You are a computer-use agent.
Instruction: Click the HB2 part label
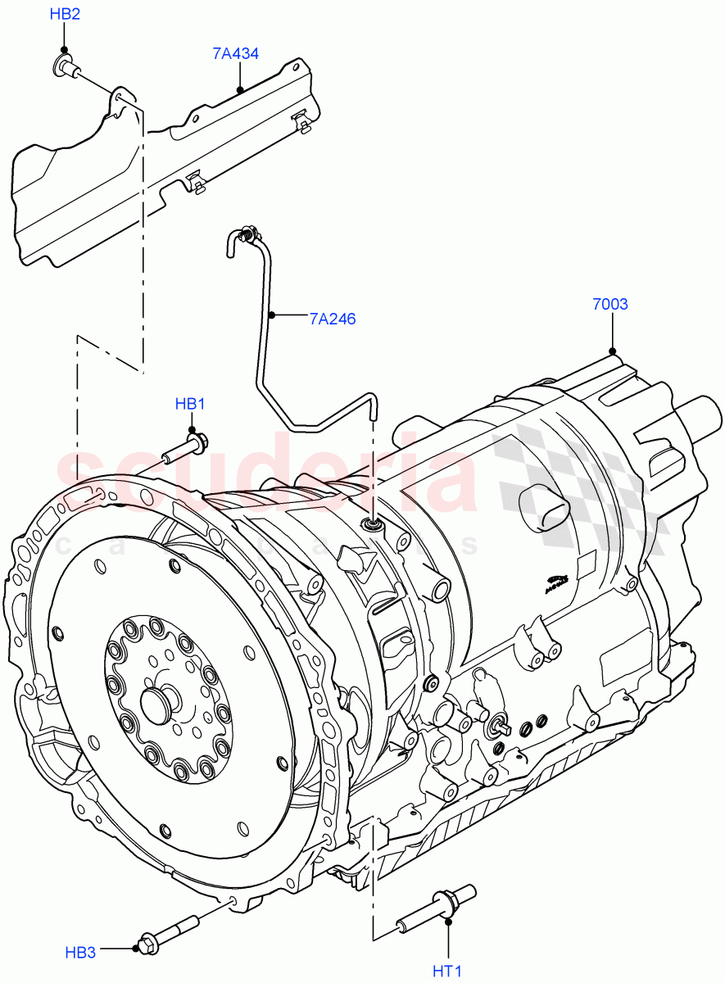pos(65,15)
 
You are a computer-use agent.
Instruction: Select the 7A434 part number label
pos(235,54)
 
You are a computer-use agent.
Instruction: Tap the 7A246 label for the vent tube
pos(333,319)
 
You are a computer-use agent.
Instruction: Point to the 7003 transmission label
pos(609,305)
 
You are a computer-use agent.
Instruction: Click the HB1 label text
pos(189,404)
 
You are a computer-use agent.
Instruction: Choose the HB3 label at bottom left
pos(81,952)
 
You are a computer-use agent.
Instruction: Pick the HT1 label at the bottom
pos(447,972)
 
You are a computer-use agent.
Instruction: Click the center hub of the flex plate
pos(157,702)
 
